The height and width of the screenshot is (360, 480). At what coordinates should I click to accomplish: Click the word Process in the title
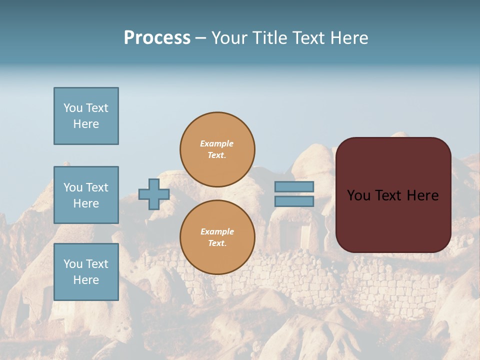point(157,38)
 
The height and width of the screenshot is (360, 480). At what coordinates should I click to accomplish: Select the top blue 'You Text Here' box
point(86,116)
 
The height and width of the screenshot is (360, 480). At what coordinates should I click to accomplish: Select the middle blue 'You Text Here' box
point(86,195)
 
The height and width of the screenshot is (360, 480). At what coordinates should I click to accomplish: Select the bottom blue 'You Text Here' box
point(86,271)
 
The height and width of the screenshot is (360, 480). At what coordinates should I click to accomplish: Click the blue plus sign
point(154,194)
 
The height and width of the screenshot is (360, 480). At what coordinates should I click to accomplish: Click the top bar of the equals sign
point(294,187)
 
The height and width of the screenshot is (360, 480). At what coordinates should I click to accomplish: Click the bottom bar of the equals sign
point(294,201)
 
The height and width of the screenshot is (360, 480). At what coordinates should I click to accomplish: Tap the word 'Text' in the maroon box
point(390,195)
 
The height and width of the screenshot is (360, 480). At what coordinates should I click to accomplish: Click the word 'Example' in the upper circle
point(217,143)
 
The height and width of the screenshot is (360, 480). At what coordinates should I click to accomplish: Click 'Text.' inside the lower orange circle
point(217,243)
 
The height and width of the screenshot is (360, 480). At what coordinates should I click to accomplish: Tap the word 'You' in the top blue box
point(73,108)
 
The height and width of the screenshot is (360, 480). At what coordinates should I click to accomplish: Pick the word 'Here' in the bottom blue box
point(86,280)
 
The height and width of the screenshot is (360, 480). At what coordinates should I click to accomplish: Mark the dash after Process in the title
point(200,38)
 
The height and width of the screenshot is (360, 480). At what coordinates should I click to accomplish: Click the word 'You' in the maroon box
point(359,195)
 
